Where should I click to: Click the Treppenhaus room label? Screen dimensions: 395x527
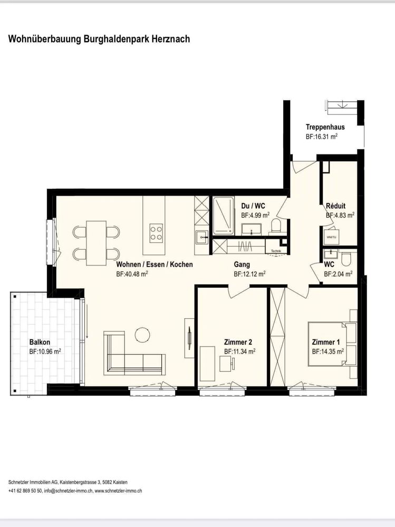click(325, 127)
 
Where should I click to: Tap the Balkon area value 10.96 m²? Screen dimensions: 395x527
click(45, 352)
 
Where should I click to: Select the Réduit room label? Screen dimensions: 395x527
click(335, 206)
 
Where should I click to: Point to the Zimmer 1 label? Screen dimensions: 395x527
click(326, 342)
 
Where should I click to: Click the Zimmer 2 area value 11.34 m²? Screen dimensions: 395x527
click(239, 352)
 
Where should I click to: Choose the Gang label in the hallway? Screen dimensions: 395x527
click(242, 265)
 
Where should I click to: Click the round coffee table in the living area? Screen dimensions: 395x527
click(143, 335)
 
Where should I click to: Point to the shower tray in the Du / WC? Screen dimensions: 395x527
click(223, 216)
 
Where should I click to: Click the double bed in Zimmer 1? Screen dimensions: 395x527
click(332, 344)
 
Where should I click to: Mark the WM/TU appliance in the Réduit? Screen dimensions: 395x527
click(331, 237)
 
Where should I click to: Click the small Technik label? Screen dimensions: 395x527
click(276, 251)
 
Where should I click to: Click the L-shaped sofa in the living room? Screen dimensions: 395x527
click(134, 354)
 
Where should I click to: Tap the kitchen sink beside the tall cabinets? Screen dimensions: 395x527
click(202, 237)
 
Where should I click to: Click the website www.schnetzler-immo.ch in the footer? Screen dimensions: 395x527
click(119, 491)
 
